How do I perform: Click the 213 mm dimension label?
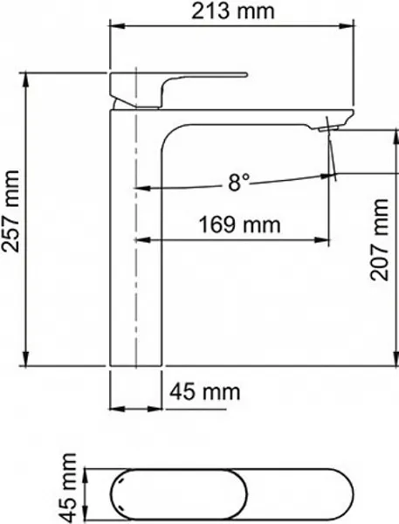(232, 11)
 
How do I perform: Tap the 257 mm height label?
(10, 211)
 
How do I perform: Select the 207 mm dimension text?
(379, 239)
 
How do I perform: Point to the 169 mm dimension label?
(239, 224)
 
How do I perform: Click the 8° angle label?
(238, 183)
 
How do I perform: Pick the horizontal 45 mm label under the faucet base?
(205, 391)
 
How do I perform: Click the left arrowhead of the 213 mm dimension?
(117, 26)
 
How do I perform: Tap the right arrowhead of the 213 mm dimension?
(346, 26)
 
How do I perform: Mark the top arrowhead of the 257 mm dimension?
(26, 79)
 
